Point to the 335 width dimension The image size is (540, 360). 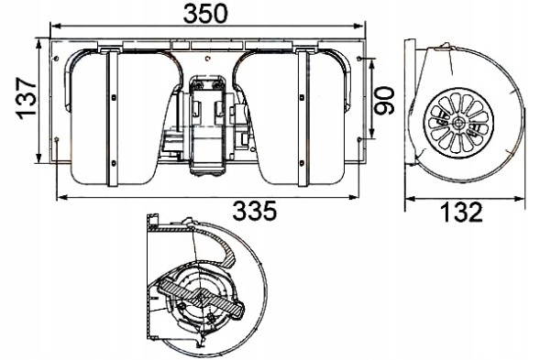click(x=253, y=213)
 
